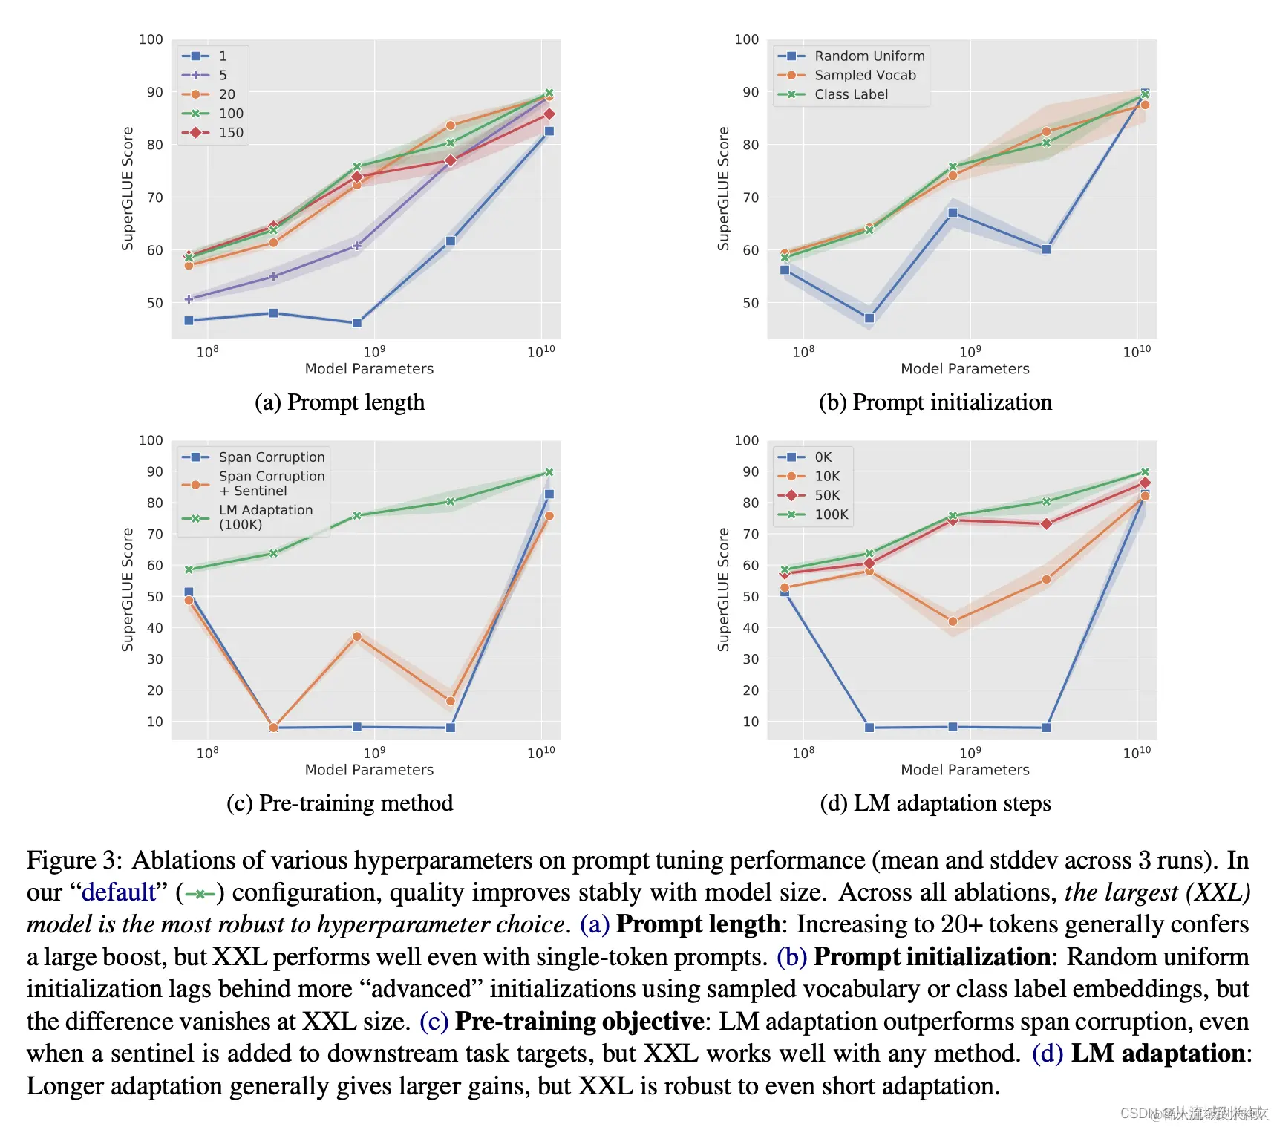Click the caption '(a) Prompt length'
click(340, 402)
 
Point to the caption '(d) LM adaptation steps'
click(935, 803)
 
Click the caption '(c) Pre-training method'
click(340, 803)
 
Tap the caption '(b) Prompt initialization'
click(935, 402)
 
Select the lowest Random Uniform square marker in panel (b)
click(869, 318)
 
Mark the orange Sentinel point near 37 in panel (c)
click(357, 636)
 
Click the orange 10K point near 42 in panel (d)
click(953, 621)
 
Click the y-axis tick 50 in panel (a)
click(154, 303)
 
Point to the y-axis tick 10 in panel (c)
click(154, 722)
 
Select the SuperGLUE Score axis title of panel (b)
click(724, 189)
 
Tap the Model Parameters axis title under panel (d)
click(964, 770)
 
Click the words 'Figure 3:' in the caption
click(74, 860)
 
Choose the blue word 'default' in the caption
click(119, 892)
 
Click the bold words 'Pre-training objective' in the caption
click(579, 1021)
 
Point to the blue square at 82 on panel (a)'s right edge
click(549, 131)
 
